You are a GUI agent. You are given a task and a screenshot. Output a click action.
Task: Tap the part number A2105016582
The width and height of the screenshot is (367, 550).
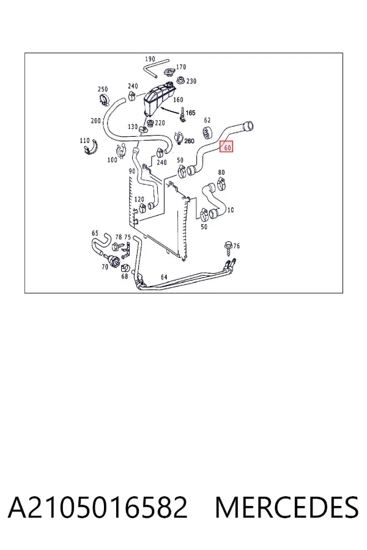point(98,507)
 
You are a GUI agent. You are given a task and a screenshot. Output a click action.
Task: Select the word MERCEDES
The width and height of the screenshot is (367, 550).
point(287,507)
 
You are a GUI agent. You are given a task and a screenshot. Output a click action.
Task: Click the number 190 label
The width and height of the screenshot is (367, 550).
point(150,59)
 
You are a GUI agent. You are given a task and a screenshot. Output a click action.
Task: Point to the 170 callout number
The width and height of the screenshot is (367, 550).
point(181,67)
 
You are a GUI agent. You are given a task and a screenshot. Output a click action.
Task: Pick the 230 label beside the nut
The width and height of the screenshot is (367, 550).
point(191,81)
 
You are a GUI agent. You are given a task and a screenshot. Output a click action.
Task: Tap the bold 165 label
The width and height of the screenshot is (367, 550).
point(190,113)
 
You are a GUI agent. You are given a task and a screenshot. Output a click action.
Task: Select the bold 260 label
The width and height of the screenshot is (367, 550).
point(189,141)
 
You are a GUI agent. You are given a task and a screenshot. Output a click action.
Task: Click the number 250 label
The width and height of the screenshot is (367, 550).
point(103,89)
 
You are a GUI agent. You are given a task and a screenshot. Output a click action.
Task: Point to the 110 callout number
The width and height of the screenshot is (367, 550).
point(84,141)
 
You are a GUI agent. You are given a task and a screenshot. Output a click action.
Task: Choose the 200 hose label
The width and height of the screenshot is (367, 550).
point(95,121)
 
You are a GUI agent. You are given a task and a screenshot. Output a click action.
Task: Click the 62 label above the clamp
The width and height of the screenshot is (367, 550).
point(207,120)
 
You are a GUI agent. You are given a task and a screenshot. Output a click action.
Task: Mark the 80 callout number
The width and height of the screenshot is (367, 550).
point(221,172)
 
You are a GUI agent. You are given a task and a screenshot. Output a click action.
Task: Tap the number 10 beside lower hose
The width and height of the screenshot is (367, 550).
point(231,210)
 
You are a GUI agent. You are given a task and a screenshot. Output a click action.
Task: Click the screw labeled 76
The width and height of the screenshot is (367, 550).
point(228,249)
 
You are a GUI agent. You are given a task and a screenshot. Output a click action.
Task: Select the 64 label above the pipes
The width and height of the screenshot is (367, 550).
point(164,277)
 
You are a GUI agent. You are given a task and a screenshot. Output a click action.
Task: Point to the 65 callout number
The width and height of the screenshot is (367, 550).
point(95,233)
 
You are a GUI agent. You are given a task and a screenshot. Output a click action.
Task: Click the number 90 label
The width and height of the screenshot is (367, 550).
point(132,172)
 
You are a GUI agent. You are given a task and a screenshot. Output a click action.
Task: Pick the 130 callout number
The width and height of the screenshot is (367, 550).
point(132,127)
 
